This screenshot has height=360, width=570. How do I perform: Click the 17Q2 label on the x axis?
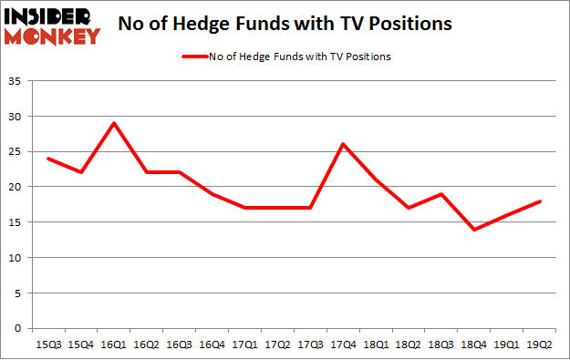tap(277, 345)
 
